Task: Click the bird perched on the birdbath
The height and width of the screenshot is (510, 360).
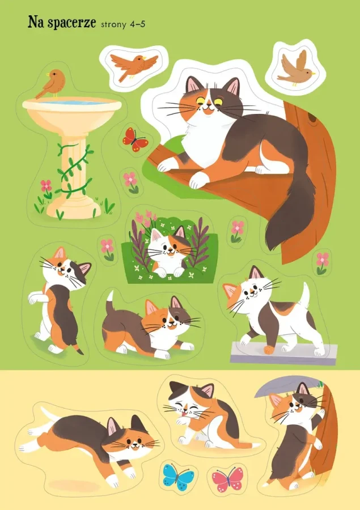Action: [x=52, y=83]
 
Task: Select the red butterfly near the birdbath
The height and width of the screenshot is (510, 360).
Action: [x=135, y=139]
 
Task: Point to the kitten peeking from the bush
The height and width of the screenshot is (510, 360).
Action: [x=168, y=251]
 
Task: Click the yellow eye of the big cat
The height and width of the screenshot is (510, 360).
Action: [x=218, y=102]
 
